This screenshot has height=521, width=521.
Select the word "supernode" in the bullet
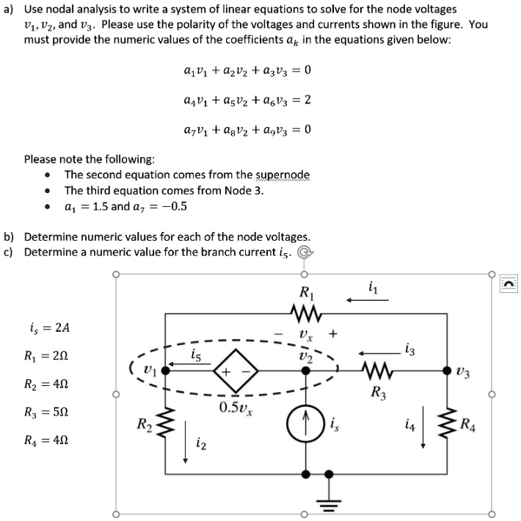[x=283, y=175]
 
